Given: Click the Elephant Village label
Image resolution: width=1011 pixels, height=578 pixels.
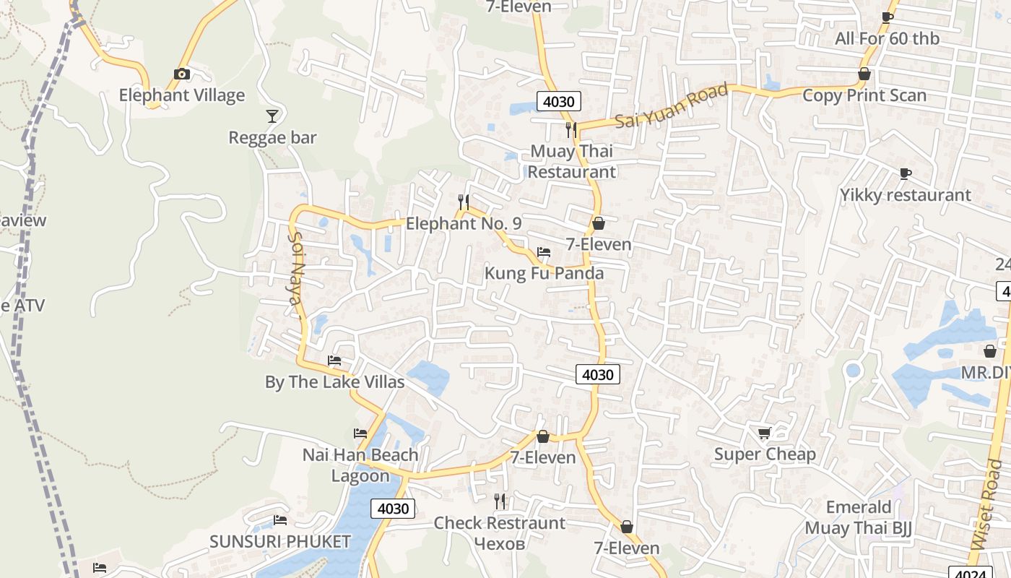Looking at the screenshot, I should click(182, 95).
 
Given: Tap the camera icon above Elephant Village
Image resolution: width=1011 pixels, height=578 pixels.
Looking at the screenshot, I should click(182, 74).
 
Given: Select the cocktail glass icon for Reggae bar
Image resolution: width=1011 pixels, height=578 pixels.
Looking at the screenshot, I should click(272, 116).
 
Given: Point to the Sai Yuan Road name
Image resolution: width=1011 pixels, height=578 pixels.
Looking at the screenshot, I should click(672, 107).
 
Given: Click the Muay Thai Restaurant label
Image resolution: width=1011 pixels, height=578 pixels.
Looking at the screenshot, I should click(572, 161).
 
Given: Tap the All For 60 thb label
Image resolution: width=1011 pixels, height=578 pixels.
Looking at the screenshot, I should click(887, 38).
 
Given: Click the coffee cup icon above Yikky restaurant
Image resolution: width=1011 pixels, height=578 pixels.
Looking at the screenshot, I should click(905, 173).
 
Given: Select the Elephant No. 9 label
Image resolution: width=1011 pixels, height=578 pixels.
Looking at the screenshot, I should click(464, 223).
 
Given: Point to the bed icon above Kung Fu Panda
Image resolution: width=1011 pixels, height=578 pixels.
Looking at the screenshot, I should click(544, 252).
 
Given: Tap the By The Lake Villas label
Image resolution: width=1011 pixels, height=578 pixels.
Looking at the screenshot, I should click(334, 381).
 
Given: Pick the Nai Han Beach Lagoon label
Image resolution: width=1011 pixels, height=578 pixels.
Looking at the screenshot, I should click(360, 465).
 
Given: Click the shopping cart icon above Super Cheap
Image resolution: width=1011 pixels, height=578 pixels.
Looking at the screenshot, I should click(765, 433).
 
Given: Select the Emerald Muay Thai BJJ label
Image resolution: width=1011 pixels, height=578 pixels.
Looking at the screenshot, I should click(859, 517).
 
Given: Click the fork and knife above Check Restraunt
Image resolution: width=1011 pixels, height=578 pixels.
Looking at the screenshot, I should click(500, 501).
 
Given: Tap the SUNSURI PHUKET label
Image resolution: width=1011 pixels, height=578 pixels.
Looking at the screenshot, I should click(280, 541).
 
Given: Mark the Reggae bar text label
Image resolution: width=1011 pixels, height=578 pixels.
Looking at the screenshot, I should click(272, 137).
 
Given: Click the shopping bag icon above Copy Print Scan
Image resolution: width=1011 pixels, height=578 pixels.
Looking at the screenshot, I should click(864, 74).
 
